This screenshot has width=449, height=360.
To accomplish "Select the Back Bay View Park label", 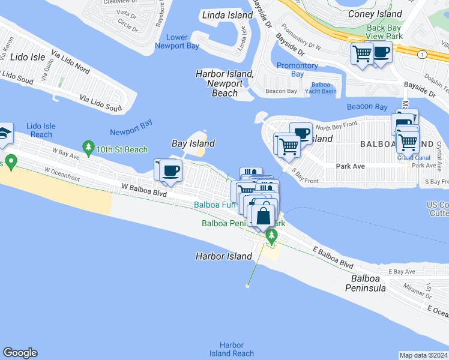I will pos(384,32).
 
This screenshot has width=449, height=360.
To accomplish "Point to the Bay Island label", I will pos(193,143).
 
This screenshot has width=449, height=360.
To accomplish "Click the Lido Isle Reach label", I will pos(41,130).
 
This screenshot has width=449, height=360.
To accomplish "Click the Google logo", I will pos(20,353).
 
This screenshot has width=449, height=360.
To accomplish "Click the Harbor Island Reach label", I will pos(232,349).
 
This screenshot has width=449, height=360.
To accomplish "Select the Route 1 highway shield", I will pos(423,55).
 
